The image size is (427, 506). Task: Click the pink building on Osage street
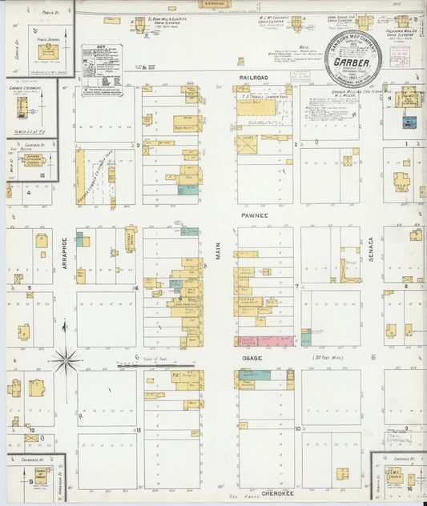[267, 341]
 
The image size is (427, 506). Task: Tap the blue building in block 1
[409, 123]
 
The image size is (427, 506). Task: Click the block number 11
[139, 430]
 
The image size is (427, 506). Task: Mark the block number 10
[297, 430]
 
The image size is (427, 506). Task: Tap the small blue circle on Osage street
[373, 356]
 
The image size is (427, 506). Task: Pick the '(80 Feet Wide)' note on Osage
[328, 357]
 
